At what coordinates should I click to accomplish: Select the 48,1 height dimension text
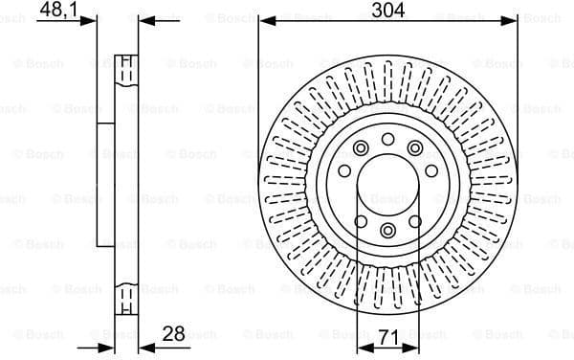pos(60,11)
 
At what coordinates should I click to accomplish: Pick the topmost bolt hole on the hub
pos(387,140)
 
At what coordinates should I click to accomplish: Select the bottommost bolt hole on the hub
pos(387,231)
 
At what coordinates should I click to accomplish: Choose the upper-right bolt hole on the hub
pos(415,148)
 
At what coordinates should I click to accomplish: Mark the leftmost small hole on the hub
pos(344,171)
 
